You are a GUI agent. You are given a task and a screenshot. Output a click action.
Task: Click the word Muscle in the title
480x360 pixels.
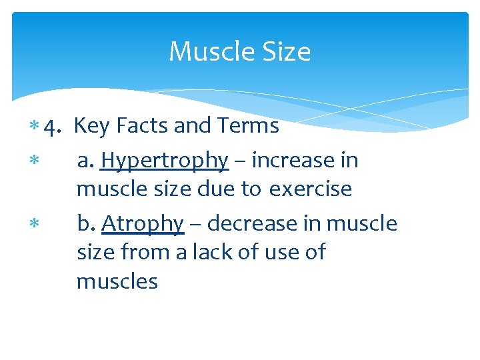209,51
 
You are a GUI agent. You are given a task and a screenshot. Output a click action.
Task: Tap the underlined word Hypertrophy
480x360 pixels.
165,161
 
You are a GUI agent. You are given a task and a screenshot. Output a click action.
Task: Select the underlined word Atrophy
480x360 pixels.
142,224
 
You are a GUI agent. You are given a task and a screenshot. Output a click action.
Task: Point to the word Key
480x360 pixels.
91,126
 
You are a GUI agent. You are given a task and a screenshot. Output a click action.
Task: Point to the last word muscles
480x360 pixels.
117,282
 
